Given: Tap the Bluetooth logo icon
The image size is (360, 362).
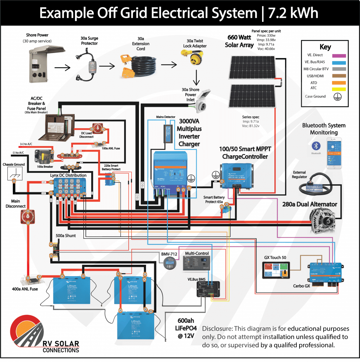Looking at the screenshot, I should click(316, 146).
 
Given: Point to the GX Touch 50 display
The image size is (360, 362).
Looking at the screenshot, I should click(276, 270).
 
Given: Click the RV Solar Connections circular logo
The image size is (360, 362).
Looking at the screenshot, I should click(25, 331).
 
